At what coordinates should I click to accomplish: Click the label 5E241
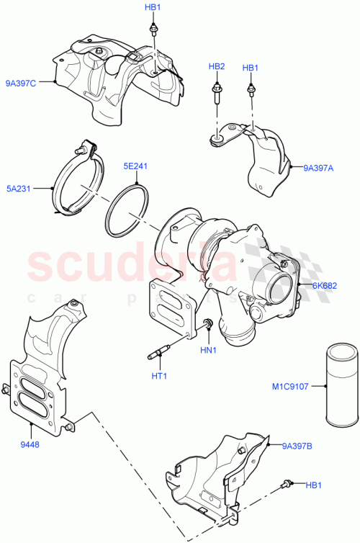(135, 165)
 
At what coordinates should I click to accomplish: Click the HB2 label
(217, 67)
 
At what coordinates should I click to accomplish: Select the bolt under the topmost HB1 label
(153, 29)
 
